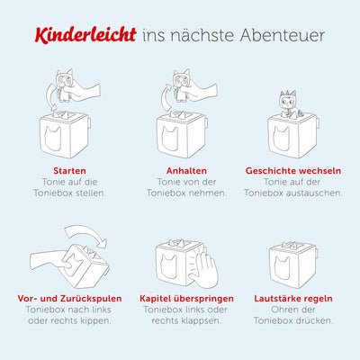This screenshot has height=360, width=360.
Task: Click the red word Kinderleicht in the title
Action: pos(88,35)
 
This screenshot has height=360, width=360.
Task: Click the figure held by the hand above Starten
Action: pos(65,84)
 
